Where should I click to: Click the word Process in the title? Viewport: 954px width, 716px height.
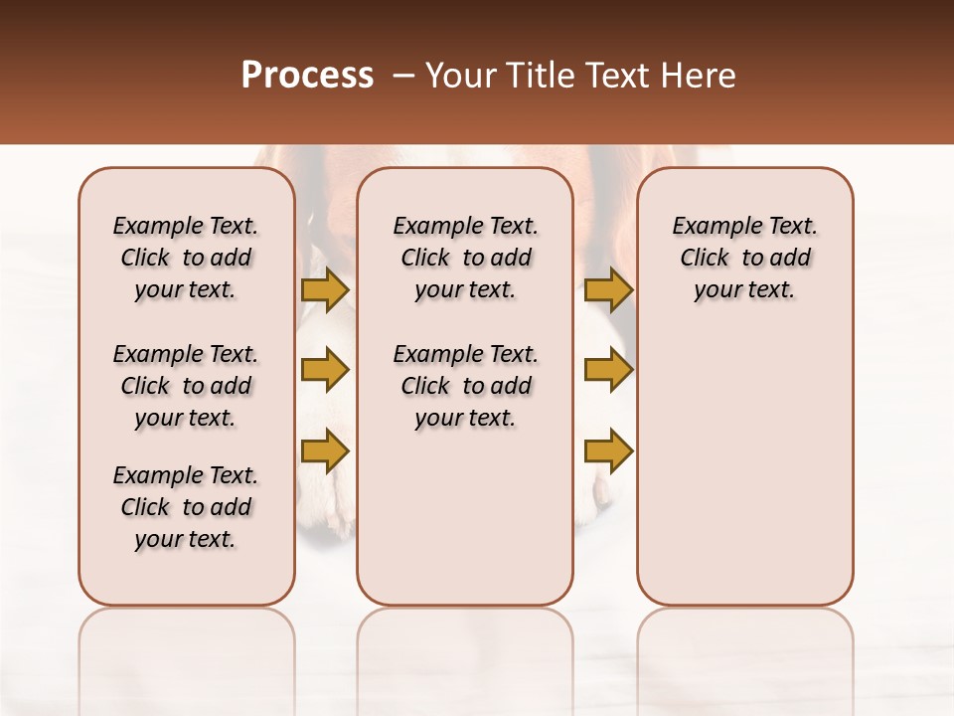(x=307, y=76)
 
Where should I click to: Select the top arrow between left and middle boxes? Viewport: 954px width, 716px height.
(x=325, y=290)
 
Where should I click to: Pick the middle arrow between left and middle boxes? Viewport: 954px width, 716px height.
(x=325, y=371)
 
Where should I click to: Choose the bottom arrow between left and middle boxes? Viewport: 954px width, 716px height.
(x=325, y=450)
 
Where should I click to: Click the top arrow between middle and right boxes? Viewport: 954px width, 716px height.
(x=608, y=290)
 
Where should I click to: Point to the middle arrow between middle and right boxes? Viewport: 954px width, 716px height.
(x=608, y=371)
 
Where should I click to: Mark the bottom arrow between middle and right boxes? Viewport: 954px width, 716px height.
(x=608, y=450)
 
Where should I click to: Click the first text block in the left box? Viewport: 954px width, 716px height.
(x=186, y=258)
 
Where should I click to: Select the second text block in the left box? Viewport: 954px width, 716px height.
(x=186, y=386)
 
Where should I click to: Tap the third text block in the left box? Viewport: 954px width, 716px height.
(x=186, y=507)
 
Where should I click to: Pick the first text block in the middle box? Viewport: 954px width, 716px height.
(x=465, y=258)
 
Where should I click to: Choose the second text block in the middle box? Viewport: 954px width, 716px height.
(x=465, y=386)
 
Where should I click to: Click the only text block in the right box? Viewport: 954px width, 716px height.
(x=744, y=258)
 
